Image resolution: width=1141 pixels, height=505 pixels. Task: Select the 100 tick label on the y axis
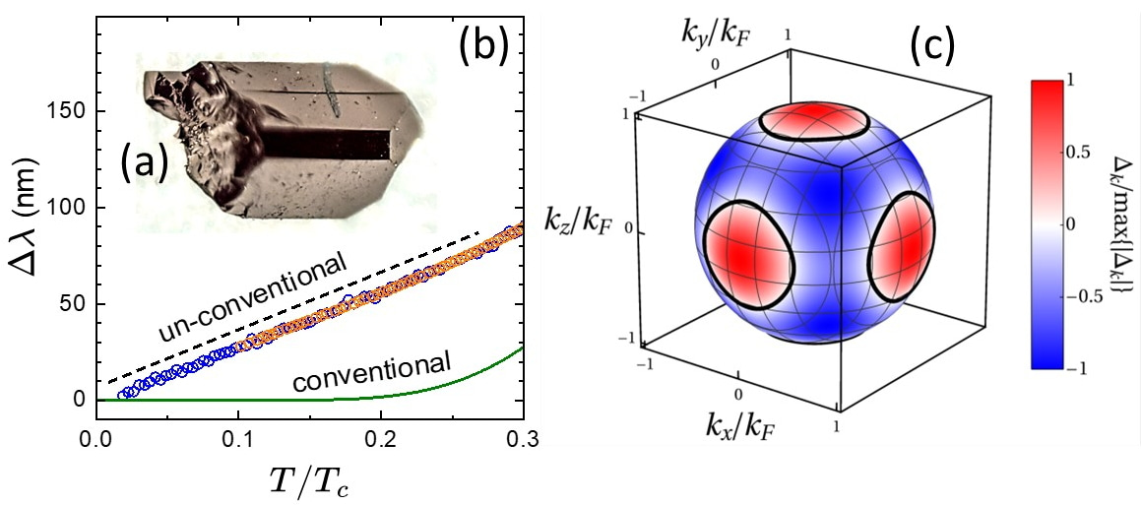point(70,208)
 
